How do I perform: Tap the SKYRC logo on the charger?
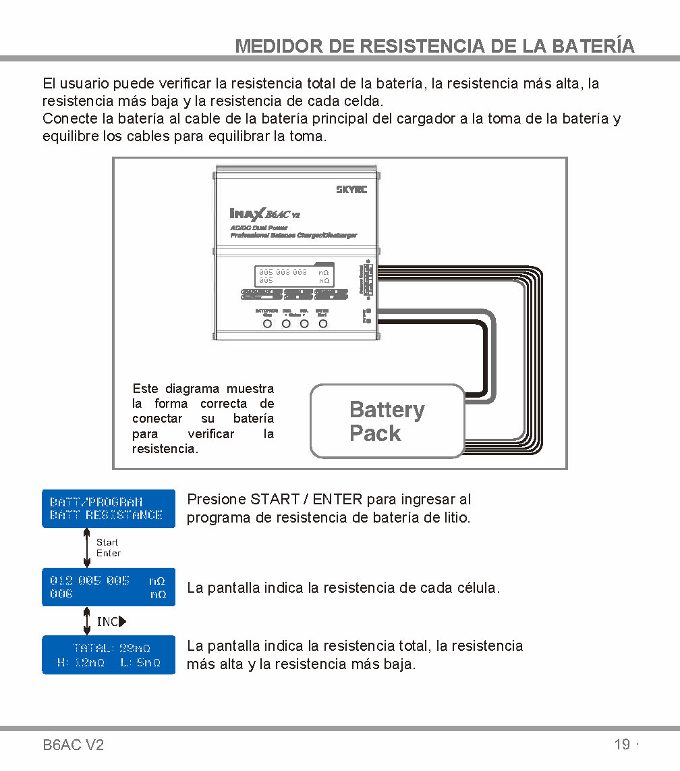351,189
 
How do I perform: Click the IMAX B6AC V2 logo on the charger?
265,213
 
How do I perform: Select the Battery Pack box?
387,421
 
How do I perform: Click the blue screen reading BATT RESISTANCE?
109,508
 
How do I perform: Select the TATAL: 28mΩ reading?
112,648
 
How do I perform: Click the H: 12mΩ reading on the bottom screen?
81,663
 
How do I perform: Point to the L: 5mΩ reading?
141,663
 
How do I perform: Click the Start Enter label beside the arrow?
108,548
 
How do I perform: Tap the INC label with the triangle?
111,621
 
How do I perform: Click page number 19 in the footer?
622,744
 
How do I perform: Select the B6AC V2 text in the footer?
74,745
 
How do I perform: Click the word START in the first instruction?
275,500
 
